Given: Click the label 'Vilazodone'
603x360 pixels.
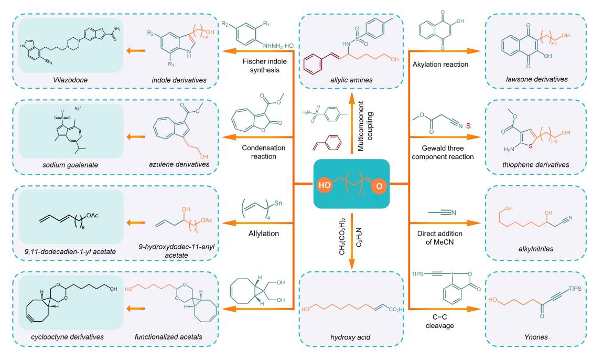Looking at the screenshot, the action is click(x=70, y=80).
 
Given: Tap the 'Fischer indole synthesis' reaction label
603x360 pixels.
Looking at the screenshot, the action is click(x=265, y=66).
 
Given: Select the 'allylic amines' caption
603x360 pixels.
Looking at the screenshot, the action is click(x=351, y=80).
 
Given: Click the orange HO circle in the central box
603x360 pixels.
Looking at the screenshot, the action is click(x=325, y=185).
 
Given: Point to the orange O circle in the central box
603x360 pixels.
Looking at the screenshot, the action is click(x=379, y=186).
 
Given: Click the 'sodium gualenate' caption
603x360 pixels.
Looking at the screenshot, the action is click(x=70, y=165).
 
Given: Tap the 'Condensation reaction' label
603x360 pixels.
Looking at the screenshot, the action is click(x=264, y=152).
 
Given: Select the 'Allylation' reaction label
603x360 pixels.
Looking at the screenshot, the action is click(x=264, y=234).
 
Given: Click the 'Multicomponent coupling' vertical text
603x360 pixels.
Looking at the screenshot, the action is click(x=364, y=126).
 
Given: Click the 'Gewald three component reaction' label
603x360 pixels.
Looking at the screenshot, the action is click(x=443, y=153).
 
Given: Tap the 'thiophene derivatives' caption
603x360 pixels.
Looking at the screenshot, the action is click(x=536, y=165).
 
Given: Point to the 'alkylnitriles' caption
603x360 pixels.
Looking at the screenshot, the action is click(x=536, y=249).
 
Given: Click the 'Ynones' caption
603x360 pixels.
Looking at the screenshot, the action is click(x=536, y=337).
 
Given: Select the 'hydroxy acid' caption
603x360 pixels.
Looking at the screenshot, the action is click(x=350, y=337).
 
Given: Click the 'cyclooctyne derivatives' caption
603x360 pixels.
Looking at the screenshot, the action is click(x=68, y=337).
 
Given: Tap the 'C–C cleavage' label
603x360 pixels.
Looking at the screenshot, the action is click(x=440, y=322).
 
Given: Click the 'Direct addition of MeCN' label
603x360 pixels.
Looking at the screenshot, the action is click(x=440, y=238).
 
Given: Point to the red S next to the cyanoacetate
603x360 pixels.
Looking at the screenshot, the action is click(x=468, y=126).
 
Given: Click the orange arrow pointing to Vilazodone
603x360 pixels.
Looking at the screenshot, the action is click(x=136, y=50).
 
